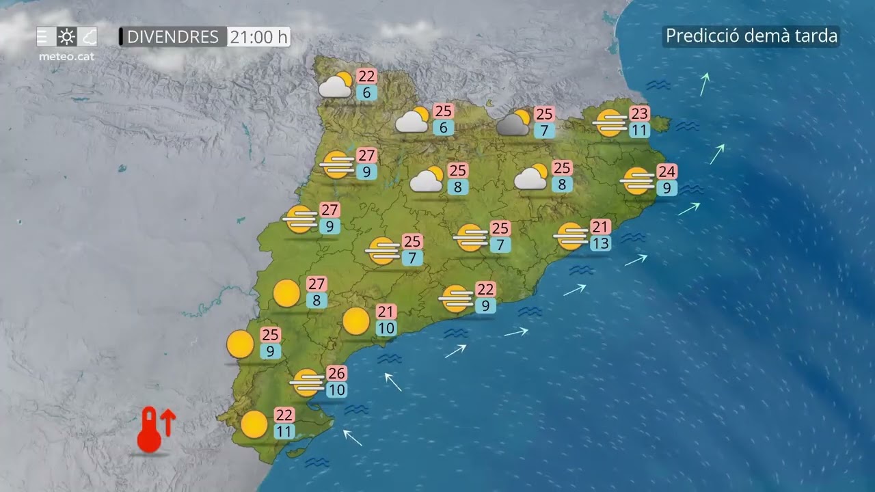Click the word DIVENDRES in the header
(173, 37)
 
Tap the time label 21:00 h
(258, 37)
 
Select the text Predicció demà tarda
(751, 36)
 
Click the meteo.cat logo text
(66, 56)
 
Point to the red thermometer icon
(148, 430)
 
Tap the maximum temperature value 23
(639, 113)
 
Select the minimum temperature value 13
(602, 242)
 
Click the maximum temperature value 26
(336, 373)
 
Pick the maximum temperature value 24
(667, 172)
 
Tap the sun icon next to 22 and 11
(254, 424)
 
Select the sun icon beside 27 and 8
(286, 294)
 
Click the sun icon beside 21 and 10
(356, 321)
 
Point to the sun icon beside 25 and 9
(240, 344)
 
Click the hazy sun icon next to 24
(637, 181)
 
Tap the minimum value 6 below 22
(366, 93)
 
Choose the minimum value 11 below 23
(639, 131)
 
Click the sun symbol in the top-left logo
(66, 36)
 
